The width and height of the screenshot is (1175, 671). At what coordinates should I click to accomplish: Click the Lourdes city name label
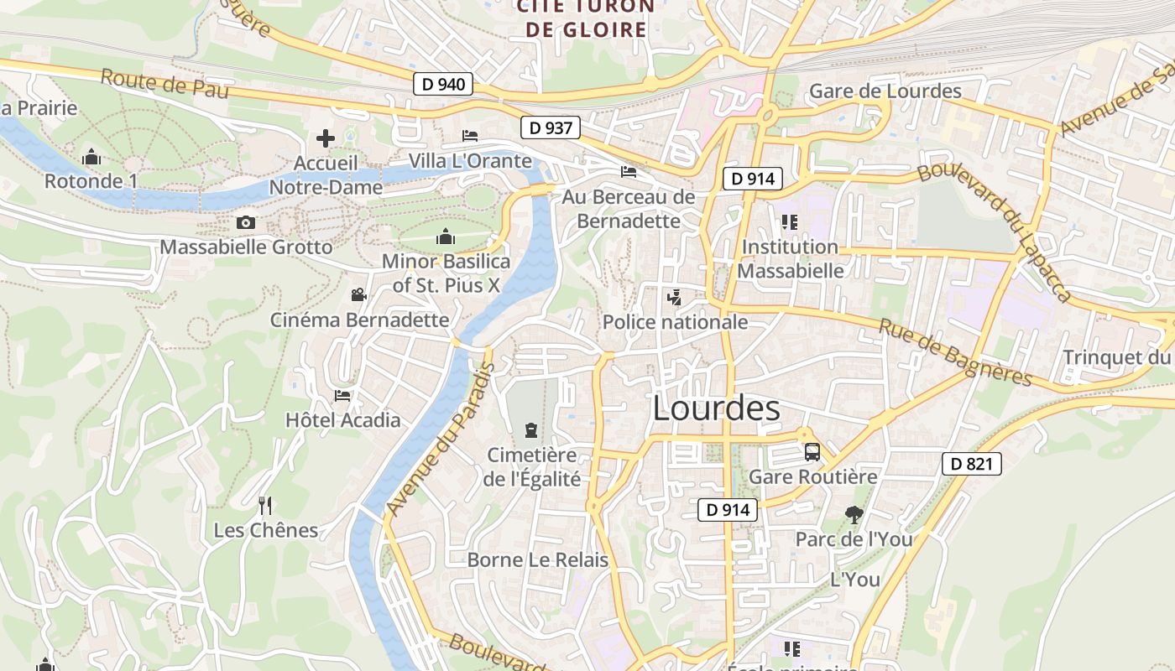point(716,408)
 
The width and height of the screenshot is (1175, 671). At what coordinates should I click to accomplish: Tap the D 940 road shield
point(443,84)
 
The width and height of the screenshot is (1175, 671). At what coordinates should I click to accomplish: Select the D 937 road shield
point(551,127)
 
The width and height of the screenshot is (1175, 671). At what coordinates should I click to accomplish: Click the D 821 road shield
point(972,463)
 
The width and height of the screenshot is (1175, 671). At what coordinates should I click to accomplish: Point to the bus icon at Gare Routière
point(812,452)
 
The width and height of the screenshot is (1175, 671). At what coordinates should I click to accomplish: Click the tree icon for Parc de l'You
point(854,514)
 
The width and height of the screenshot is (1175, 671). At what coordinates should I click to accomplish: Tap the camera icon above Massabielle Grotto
point(246,222)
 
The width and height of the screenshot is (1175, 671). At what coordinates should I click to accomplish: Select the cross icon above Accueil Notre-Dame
point(326,138)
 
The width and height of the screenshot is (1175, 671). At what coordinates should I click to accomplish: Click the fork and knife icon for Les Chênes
point(265,505)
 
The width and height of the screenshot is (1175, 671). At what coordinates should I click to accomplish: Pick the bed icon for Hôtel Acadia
point(342,395)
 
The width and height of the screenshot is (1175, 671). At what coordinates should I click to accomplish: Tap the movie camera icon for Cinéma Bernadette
point(359,295)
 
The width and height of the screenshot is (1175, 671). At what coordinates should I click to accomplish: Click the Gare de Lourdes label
point(885,91)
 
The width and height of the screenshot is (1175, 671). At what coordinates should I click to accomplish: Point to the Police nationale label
point(675,322)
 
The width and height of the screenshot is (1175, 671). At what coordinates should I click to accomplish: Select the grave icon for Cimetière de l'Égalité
point(530,430)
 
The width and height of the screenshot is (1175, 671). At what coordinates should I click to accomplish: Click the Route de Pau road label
point(164,84)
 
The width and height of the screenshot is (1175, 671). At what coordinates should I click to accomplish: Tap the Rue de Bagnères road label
point(955,351)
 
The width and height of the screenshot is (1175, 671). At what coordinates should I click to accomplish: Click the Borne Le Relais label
point(537,560)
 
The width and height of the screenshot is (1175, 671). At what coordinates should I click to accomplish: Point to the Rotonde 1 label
point(91,181)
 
